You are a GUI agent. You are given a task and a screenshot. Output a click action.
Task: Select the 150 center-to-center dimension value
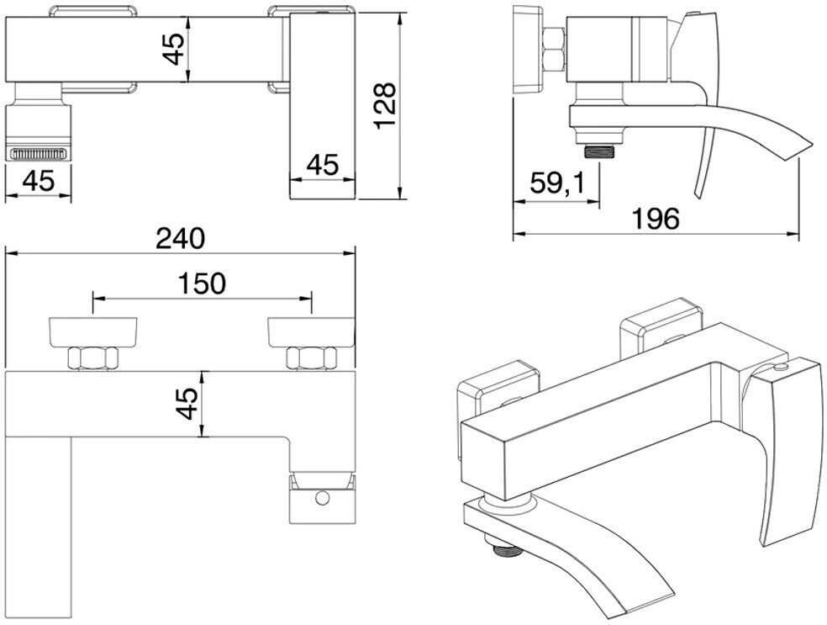click(x=203, y=283)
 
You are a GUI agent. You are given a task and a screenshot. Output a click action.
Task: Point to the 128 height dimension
click(x=385, y=105)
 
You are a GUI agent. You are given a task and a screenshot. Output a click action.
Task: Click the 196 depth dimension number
click(x=656, y=218)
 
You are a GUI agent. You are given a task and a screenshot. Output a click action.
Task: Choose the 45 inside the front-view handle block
click(x=322, y=165)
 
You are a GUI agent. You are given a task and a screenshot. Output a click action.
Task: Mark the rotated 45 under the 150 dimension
click(x=189, y=404)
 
